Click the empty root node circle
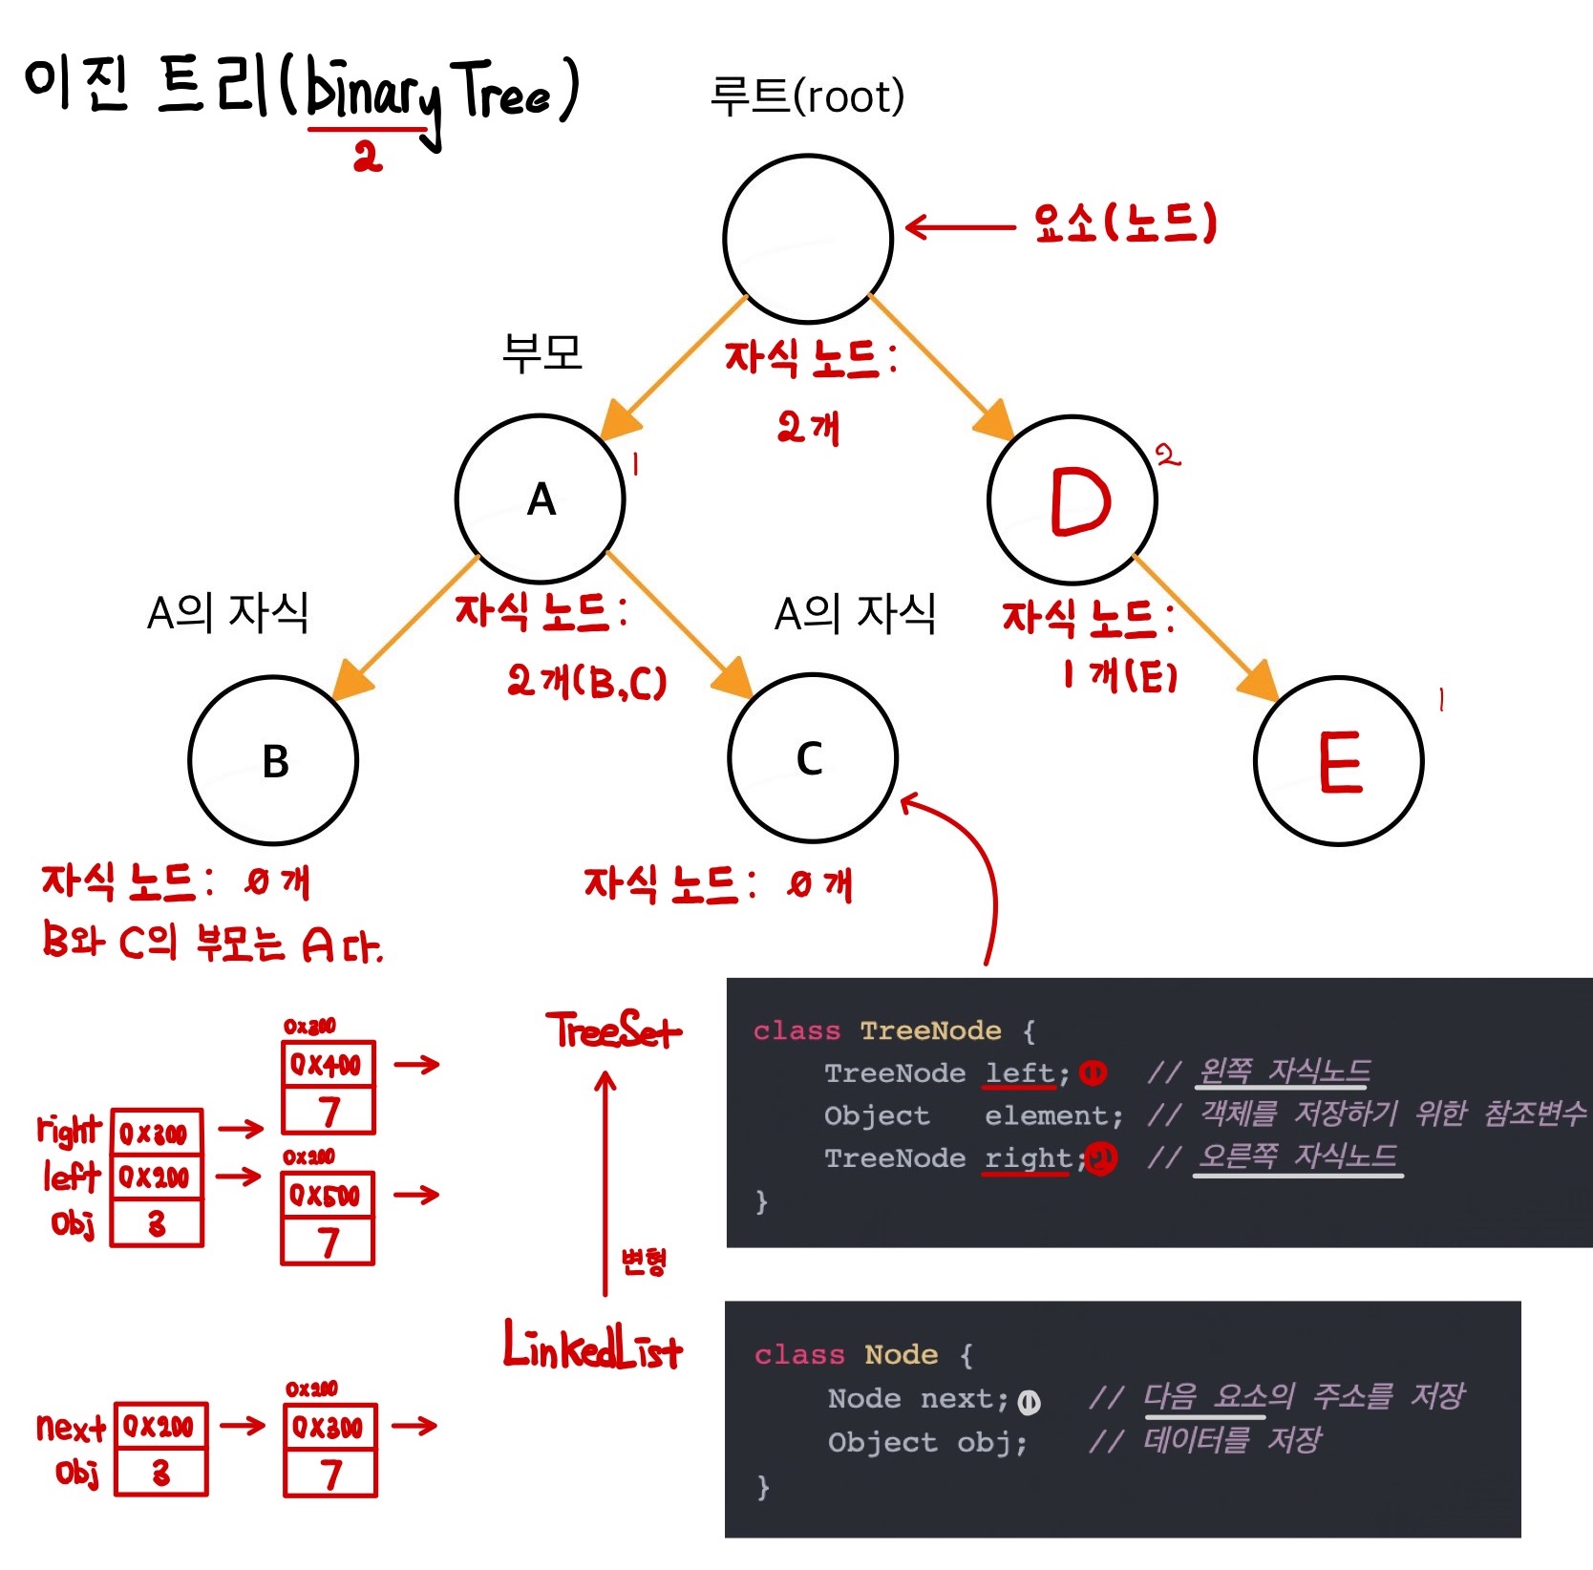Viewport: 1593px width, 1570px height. click(x=808, y=239)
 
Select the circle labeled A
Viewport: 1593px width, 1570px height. click(x=541, y=499)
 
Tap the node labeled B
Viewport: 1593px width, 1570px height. click(x=274, y=760)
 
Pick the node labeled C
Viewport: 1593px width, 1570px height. click(x=813, y=757)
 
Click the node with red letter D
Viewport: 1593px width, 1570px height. click(x=1073, y=499)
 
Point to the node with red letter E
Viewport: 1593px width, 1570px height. click(x=1339, y=761)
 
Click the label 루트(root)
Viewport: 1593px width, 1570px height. click(x=807, y=96)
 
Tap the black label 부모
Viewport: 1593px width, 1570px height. click(x=542, y=352)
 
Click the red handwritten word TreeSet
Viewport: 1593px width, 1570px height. click(x=613, y=1031)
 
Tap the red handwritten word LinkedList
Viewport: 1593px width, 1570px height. click(x=592, y=1347)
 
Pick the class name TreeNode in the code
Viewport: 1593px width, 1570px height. click(x=930, y=1030)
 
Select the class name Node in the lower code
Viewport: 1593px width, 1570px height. click(x=901, y=1354)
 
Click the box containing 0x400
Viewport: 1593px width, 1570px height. click(x=328, y=1064)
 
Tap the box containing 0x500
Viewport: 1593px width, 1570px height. click(x=327, y=1195)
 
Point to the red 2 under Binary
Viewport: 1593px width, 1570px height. click(x=367, y=156)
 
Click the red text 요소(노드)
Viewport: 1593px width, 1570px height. click(x=1125, y=223)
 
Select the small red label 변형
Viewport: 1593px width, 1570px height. click(x=644, y=1262)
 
